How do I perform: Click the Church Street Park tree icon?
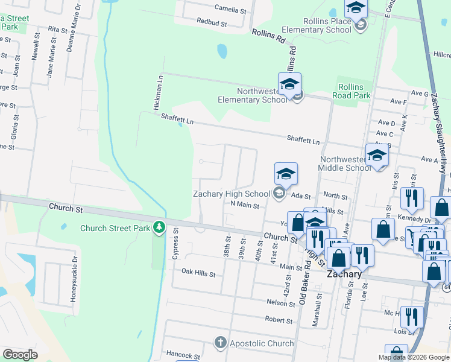click(x=159, y=227)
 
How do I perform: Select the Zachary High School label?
click(x=231, y=194)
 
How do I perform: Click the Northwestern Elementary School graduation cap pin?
click(x=289, y=83)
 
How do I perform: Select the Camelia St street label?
click(x=231, y=10)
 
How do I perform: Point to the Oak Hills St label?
click(x=198, y=273)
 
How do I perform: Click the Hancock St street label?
click(x=183, y=356)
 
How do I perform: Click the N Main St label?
click(x=245, y=205)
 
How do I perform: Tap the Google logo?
click(x=19, y=355)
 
